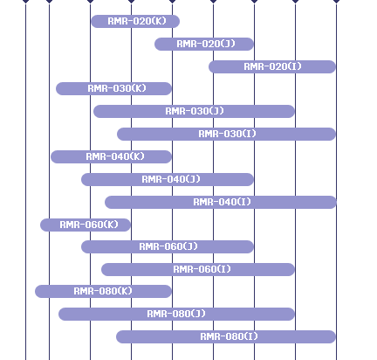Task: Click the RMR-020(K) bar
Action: pyautogui.click(x=135, y=21)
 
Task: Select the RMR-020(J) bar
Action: pyautogui.click(x=204, y=44)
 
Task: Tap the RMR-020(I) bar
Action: pyautogui.click(x=272, y=66)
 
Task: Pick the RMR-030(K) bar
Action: pyautogui.click(x=113, y=88)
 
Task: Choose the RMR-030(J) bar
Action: pyautogui.click(x=194, y=111)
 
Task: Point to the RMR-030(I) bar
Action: pyautogui.click(x=227, y=134)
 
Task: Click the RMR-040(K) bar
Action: pyautogui.click(x=111, y=156)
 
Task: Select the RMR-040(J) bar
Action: pyautogui.click(x=168, y=179)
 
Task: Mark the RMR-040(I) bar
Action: pyautogui.click(x=221, y=202)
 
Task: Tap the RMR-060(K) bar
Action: pyautogui.click(x=86, y=225)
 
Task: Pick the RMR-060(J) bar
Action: pyautogui.click(x=168, y=246)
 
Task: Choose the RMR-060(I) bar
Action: pyautogui.click(x=198, y=269)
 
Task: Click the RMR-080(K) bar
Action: pyautogui.click(x=103, y=291)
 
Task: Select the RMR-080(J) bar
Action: pyautogui.click(x=176, y=314)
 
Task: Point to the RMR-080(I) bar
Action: pyautogui.click(x=226, y=336)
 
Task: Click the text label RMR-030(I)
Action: pyautogui.click(x=228, y=134)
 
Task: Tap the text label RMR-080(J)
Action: pyautogui.click(x=176, y=314)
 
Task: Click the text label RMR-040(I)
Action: pyautogui.click(x=222, y=202)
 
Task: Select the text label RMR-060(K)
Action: pyautogui.click(x=89, y=225)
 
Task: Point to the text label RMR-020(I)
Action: pyautogui.click(x=273, y=66)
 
